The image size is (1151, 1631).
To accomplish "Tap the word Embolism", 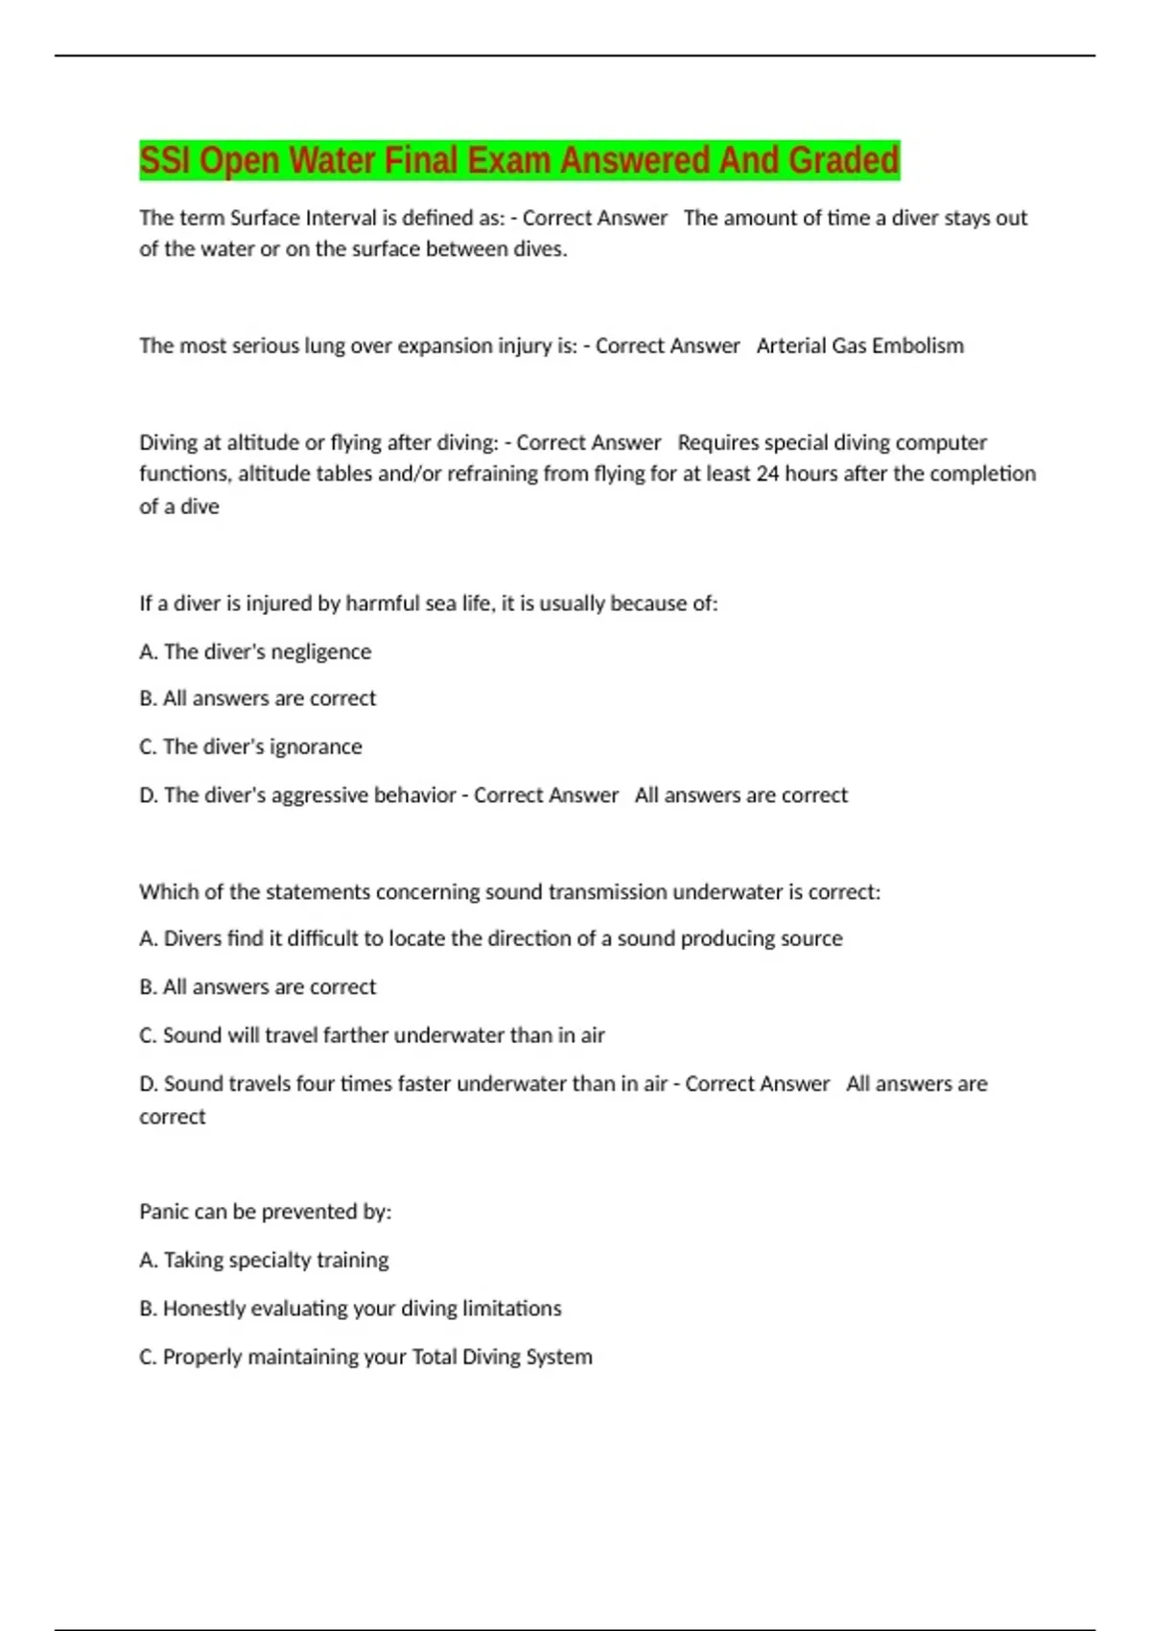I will [918, 345].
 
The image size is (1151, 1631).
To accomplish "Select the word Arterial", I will [790, 345].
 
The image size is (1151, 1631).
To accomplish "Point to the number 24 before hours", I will [767, 473].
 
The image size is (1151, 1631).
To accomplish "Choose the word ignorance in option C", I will [316, 746].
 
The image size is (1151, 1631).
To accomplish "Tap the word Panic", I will [163, 1212].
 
